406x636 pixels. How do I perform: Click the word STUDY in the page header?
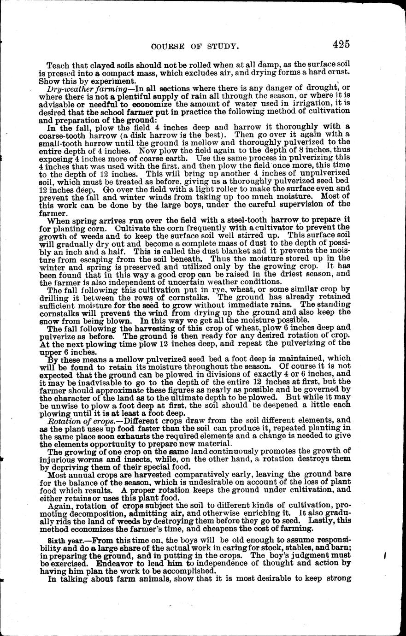point(220,46)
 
